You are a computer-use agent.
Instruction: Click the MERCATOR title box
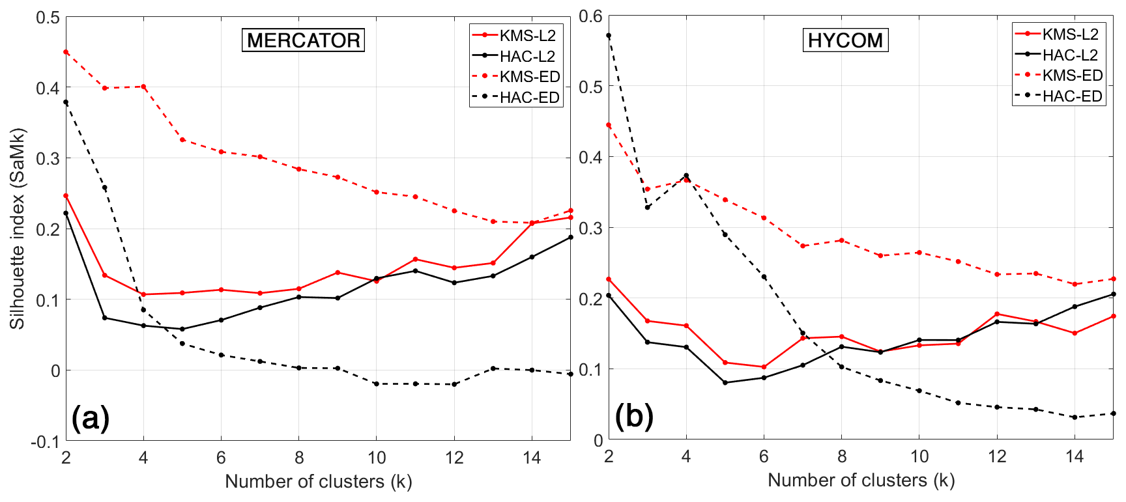tap(303, 40)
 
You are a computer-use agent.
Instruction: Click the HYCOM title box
tap(845, 40)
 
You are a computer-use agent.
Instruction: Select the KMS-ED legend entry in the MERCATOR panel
tap(515, 77)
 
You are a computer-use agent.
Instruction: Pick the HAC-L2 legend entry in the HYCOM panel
tap(1058, 55)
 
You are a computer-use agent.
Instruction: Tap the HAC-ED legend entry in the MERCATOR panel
tap(515, 98)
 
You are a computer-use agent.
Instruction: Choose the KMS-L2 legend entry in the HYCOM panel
tap(1058, 35)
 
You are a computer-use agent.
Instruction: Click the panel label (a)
tap(91, 417)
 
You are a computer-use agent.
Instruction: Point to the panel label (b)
tap(633, 416)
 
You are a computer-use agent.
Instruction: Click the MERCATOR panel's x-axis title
tap(319, 482)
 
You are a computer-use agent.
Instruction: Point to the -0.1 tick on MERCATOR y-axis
tap(45, 442)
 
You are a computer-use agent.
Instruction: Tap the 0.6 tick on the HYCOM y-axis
tap(590, 16)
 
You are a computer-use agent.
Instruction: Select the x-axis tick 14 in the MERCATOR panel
tap(532, 458)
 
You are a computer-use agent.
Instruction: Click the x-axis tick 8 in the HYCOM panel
tap(842, 456)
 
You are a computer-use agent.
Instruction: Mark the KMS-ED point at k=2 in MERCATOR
tap(66, 52)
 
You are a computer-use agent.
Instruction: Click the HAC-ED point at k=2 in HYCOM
tap(609, 36)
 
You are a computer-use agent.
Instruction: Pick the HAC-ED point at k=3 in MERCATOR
tap(105, 188)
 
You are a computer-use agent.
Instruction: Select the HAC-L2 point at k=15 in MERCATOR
tap(571, 237)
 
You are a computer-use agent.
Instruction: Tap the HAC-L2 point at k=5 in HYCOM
tap(725, 383)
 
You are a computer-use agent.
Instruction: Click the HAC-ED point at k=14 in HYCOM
tap(1075, 417)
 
